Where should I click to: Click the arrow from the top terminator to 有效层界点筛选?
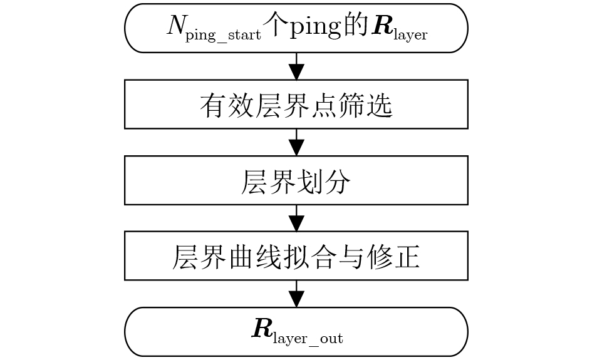point(296,66)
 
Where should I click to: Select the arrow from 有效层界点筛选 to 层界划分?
point(296,142)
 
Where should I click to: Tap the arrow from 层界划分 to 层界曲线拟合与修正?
point(296,218)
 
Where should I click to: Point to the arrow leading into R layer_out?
point(296,294)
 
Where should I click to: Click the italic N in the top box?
point(176,26)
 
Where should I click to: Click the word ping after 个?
point(315,28)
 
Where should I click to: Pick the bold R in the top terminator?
point(382,26)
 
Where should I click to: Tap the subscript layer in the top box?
point(410,35)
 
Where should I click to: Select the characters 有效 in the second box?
point(227,105)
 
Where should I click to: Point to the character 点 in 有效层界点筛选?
point(325,105)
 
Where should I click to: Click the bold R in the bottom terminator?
point(262,328)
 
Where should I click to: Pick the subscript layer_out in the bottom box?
point(308,339)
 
